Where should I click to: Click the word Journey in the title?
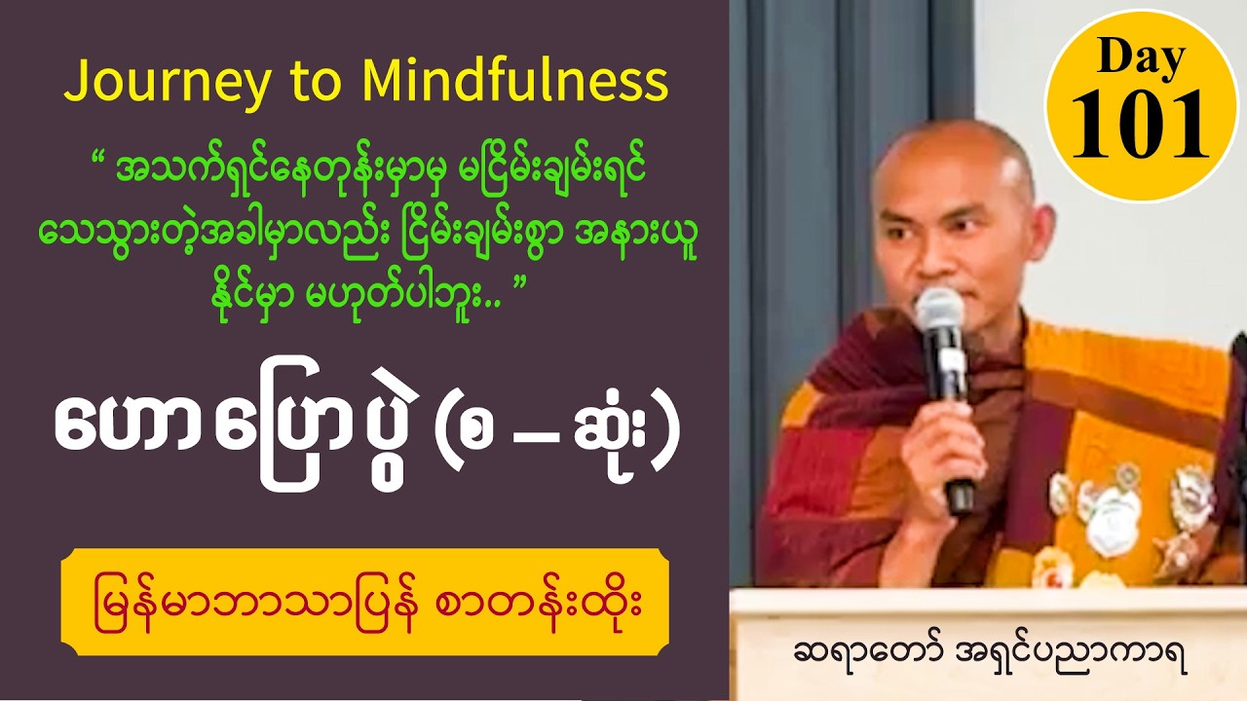click(167, 83)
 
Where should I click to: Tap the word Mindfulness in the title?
click(514, 83)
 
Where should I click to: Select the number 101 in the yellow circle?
click(1141, 124)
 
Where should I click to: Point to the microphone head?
click(939, 316)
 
